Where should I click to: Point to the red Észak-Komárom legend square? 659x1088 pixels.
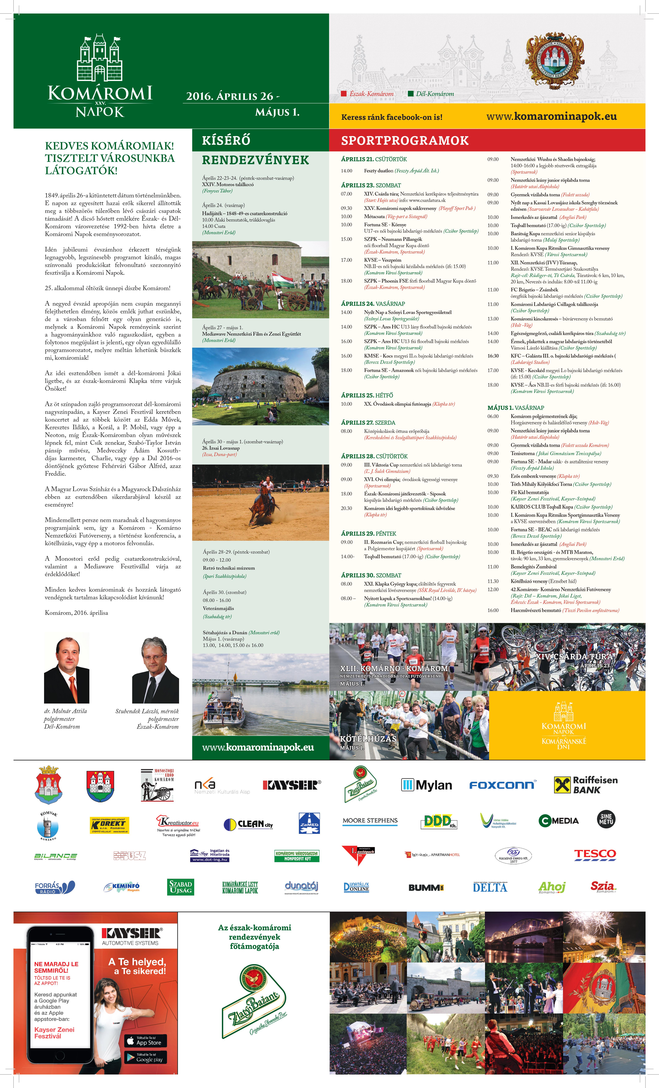344,94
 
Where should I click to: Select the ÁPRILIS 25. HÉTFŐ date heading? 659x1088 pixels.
367,395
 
